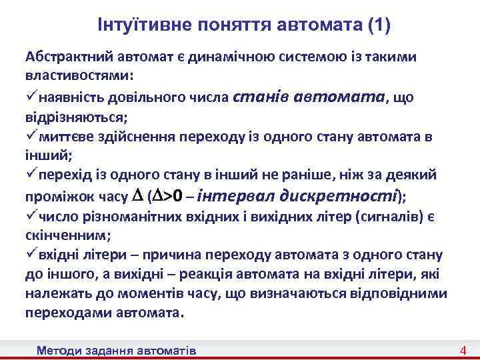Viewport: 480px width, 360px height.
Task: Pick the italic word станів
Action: click(x=259, y=97)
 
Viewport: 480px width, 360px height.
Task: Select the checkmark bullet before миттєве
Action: click(x=31, y=137)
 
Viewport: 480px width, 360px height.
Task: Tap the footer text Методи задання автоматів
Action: click(x=117, y=351)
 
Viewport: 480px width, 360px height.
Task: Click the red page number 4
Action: click(x=462, y=351)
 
